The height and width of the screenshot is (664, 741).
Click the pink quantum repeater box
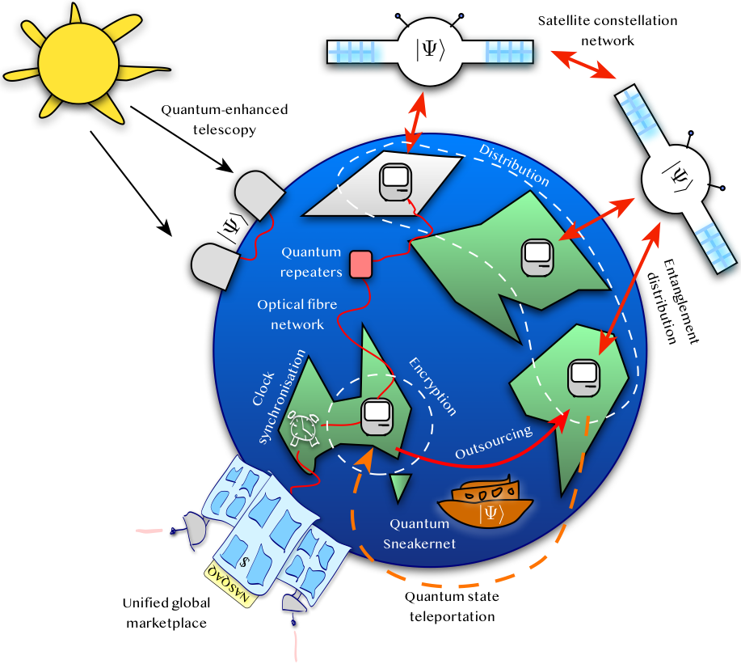pos(360,264)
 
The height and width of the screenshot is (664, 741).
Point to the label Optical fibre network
pos(297,315)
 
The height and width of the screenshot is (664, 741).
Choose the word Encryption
pos(432,386)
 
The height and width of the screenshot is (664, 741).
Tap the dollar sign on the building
pos(244,560)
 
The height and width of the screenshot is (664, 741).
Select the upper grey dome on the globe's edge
pos(257,195)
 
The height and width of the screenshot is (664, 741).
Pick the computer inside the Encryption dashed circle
pos(377,416)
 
